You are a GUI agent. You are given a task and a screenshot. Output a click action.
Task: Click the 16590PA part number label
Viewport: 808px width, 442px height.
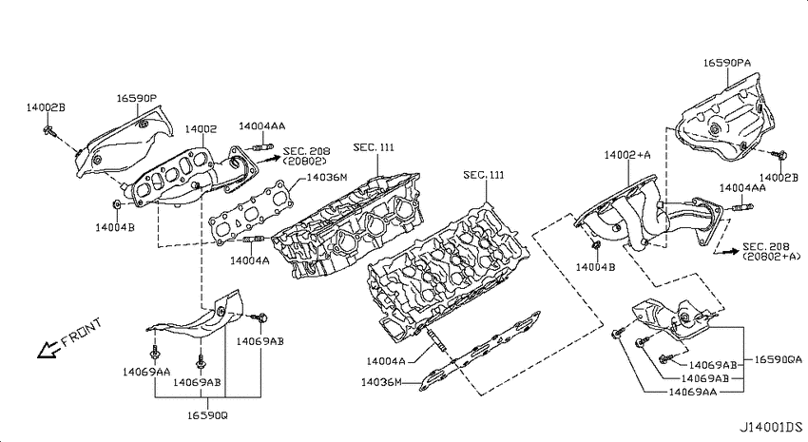(727, 63)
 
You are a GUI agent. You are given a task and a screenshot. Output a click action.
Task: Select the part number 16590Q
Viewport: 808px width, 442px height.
(207, 415)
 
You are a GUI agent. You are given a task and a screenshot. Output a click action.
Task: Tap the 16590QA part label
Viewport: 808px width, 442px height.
(779, 359)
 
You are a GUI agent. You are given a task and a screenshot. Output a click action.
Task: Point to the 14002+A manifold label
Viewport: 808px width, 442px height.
(627, 155)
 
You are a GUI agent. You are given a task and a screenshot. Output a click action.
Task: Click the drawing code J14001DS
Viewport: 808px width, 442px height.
(771, 427)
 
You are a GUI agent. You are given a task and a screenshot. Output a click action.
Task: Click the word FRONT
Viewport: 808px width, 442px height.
(82, 333)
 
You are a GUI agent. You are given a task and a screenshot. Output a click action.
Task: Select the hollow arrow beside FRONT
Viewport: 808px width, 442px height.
(48, 350)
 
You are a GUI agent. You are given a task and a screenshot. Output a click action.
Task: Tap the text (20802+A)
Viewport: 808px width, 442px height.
(772, 256)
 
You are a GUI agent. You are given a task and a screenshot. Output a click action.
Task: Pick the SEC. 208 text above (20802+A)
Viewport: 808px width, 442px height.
(766, 247)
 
